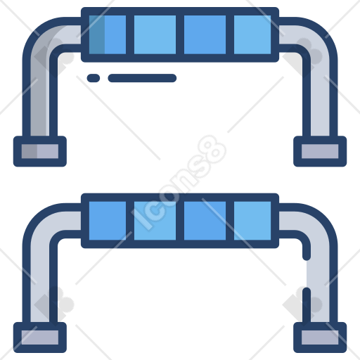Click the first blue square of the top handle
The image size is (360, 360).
[x=108, y=34]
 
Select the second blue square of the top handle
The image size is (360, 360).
[x=155, y=34]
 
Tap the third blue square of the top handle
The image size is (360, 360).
[x=205, y=34]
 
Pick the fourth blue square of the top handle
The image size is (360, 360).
[x=252, y=34]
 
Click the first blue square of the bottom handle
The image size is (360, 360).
[x=108, y=221]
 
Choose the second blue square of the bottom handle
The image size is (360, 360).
[x=155, y=221]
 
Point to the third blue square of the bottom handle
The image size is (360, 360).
[x=205, y=221]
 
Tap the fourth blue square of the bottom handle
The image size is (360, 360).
[x=252, y=221]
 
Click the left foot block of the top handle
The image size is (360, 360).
[x=40, y=151]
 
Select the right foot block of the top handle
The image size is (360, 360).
[x=320, y=151]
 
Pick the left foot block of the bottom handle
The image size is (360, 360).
[x=40, y=337]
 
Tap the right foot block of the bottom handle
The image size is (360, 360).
[x=320, y=337]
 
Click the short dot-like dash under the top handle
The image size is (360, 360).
[x=94, y=78]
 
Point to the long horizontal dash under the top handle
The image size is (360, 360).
[x=142, y=78]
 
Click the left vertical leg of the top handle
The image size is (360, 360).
[x=40, y=94]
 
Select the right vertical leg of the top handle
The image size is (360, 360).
[x=320, y=94]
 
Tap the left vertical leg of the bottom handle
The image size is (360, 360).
[x=40, y=281]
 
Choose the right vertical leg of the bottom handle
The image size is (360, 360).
[x=320, y=281]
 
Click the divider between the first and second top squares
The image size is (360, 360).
[x=130, y=34]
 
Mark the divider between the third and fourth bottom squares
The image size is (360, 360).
[x=230, y=221]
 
